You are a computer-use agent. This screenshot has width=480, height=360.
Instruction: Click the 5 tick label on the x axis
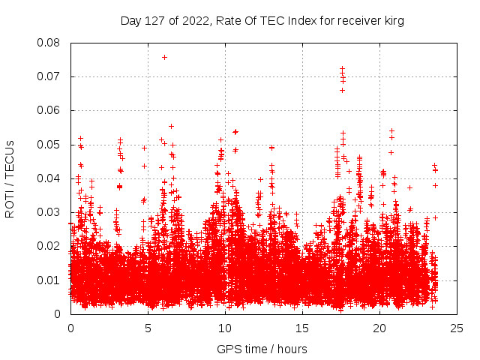(x=148, y=328)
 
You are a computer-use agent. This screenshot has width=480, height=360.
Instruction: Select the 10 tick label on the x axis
(x=225, y=328)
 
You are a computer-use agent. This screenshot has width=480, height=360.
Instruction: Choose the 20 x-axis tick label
(x=379, y=328)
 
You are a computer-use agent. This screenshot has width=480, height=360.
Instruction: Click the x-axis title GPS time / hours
(x=262, y=349)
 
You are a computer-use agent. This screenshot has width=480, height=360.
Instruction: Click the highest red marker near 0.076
(x=164, y=57)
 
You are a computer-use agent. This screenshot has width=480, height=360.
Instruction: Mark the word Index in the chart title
(x=286, y=21)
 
